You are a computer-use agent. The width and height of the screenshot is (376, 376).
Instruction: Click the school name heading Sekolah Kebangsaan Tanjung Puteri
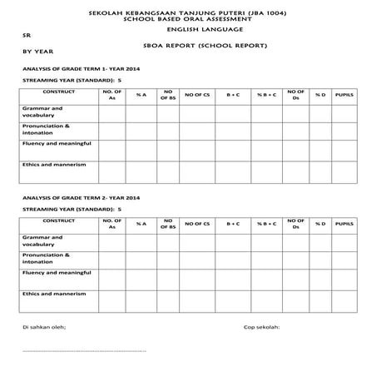pyautogui.click(x=187, y=13)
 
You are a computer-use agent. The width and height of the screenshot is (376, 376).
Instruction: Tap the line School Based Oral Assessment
pyautogui.click(x=187, y=19)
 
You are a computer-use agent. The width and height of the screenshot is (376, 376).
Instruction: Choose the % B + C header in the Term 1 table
pyautogui.click(x=266, y=94)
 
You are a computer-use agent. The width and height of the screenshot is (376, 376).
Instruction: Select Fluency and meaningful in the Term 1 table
pyautogui.click(x=56, y=143)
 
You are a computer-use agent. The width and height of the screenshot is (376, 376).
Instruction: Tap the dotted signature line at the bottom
pyautogui.click(x=83, y=353)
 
